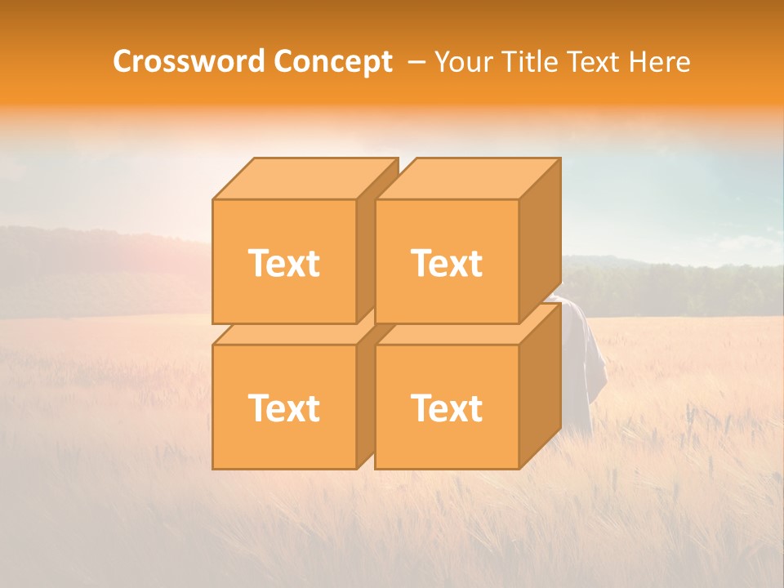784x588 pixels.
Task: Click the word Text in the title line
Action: click(597, 61)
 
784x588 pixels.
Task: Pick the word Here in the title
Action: click(660, 61)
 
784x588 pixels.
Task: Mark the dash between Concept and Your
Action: click(415, 62)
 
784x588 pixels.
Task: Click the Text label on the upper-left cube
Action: click(284, 263)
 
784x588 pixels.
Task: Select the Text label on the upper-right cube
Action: click(447, 263)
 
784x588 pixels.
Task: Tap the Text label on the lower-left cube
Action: click(284, 408)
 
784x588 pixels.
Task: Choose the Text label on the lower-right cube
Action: click(447, 408)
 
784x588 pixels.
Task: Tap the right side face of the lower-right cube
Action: click(540, 388)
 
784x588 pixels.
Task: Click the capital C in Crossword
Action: click(124, 61)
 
